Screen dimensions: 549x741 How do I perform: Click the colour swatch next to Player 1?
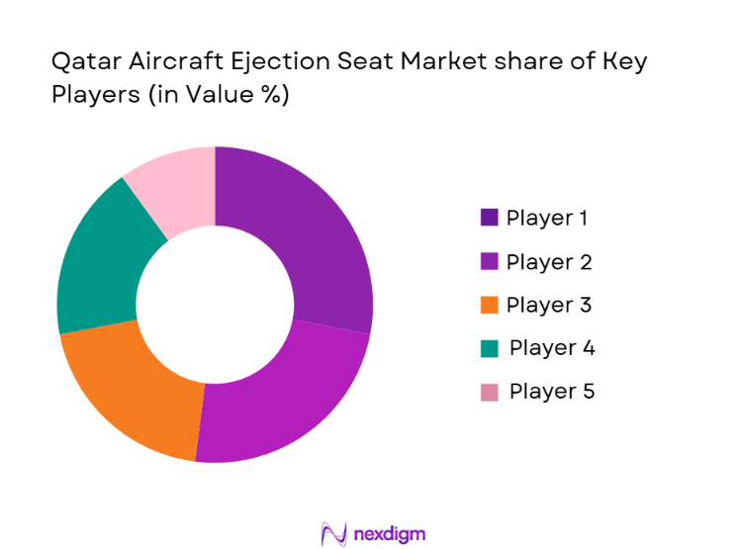tap(490, 218)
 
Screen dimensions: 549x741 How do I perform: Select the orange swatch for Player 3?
tap(490, 305)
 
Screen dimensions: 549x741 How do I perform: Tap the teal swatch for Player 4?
tap(490, 348)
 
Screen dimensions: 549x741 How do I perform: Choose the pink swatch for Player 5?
tap(490, 392)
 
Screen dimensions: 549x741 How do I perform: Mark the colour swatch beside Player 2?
tap(490, 261)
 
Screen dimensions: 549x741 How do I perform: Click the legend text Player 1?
tap(549, 218)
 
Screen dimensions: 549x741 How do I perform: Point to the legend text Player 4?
tap(552, 348)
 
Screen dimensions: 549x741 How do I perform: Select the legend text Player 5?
tap(552, 392)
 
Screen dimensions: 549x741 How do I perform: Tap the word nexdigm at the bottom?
tap(390, 534)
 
